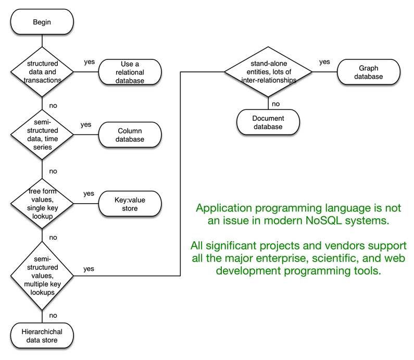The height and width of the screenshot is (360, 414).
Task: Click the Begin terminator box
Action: [x=42, y=22]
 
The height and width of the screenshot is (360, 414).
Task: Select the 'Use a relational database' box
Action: [x=130, y=72]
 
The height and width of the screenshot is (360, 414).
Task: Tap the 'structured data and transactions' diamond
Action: [x=42, y=72]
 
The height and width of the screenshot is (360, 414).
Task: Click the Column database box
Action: [x=130, y=135]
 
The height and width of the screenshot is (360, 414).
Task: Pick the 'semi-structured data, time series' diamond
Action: [x=42, y=135]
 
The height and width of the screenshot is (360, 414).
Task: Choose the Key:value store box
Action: [x=130, y=203]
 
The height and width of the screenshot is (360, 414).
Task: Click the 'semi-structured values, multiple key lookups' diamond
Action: [x=42, y=274]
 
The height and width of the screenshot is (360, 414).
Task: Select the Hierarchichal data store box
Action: [x=42, y=336]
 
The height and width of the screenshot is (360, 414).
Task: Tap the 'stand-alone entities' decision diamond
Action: [x=269, y=72]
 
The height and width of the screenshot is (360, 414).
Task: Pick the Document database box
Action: [x=268, y=122]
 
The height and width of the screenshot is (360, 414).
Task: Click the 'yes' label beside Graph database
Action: [x=324, y=62]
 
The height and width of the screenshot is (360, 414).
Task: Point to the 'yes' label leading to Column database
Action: [x=86, y=125]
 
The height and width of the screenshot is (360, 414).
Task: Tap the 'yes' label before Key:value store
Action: [x=89, y=194]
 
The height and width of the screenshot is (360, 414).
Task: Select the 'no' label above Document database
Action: [x=275, y=103]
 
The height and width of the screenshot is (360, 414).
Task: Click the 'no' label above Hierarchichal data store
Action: [x=53, y=315]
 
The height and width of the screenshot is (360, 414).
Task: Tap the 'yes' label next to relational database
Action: [x=90, y=62]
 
